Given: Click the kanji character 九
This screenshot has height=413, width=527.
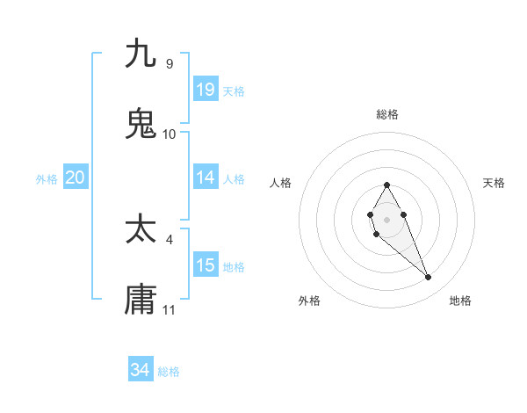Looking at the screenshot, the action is pyautogui.click(x=141, y=54).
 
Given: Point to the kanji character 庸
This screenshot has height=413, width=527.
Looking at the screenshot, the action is pyautogui.click(x=141, y=300).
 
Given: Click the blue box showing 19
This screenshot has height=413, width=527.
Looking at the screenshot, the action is pyautogui.click(x=205, y=90).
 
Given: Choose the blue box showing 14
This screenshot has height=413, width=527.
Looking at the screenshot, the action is pyautogui.click(x=205, y=178).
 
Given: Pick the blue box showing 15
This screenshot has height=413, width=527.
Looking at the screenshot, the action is pyautogui.click(x=205, y=265).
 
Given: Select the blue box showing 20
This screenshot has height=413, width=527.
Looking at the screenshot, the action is pyautogui.click(x=75, y=178).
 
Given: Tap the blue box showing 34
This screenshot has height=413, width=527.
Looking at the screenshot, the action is pyautogui.click(x=140, y=370).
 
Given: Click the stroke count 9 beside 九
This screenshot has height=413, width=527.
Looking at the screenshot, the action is pyautogui.click(x=169, y=64).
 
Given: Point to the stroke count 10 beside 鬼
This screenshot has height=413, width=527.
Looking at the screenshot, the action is pyautogui.click(x=170, y=134).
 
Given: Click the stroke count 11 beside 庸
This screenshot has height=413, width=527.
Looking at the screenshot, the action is pyautogui.click(x=170, y=310).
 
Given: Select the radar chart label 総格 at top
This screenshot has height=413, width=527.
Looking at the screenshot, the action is pyautogui.click(x=386, y=114).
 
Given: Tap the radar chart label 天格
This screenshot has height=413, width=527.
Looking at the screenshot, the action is pyautogui.click(x=494, y=183).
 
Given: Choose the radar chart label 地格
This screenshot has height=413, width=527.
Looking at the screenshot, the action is pyautogui.click(x=460, y=301).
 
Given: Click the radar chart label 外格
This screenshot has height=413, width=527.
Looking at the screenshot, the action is pyautogui.click(x=309, y=301).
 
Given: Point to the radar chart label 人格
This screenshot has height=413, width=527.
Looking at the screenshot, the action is pyautogui.click(x=280, y=183).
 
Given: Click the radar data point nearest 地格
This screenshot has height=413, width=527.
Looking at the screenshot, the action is pyautogui.click(x=429, y=278).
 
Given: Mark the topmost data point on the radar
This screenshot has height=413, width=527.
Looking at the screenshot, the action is pyautogui.click(x=386, y=185).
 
